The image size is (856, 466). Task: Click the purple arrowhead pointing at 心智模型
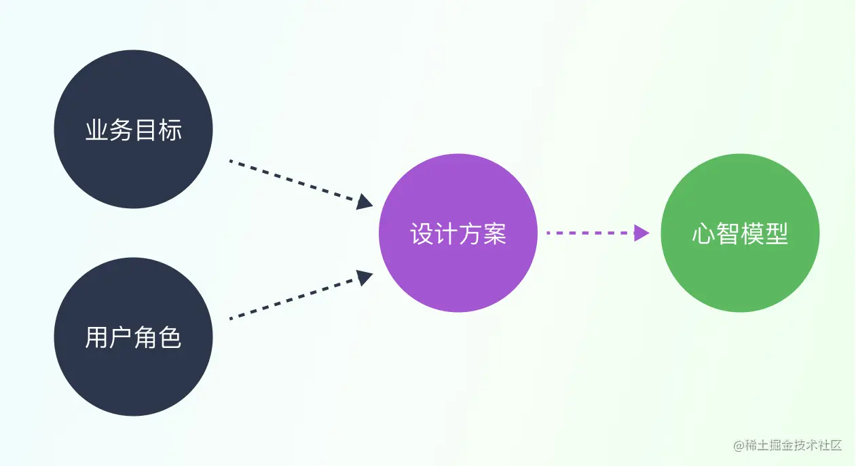(641, 233)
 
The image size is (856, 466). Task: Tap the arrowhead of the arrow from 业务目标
(365, 201)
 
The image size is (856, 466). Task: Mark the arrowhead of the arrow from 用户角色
(365, 277)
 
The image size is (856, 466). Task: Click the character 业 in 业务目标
(97, 130)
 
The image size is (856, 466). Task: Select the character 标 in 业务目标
(170, 130)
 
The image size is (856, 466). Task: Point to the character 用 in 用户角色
(97, 338)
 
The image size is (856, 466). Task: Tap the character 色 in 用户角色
(170, 338)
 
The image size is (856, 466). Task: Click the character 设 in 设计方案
(422, 234)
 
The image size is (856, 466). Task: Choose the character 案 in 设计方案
(495, 234)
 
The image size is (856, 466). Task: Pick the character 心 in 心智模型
(704, 234)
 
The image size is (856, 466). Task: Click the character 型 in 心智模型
(777, 234)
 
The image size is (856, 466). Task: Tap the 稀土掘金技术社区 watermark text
(794, 446)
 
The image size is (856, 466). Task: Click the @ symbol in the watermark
(739, 446)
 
